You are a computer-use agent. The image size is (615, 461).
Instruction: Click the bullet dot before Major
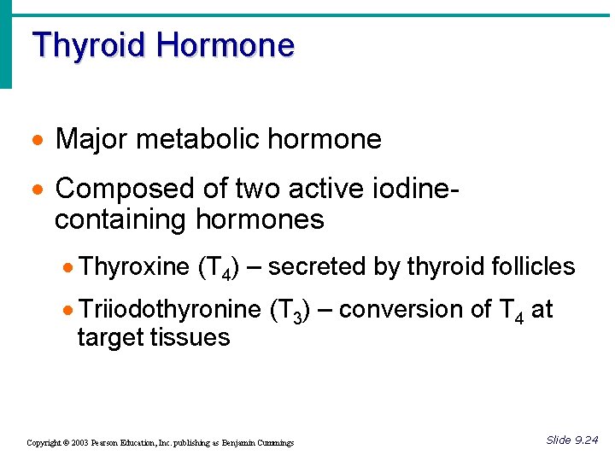(38, 140)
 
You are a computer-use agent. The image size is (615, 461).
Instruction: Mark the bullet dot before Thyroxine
(69, 268)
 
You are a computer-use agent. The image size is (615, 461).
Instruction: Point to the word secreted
(319, 267)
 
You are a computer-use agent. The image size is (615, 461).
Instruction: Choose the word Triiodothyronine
(169, 309)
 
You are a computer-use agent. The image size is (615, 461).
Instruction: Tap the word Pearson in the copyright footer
(113, 443)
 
